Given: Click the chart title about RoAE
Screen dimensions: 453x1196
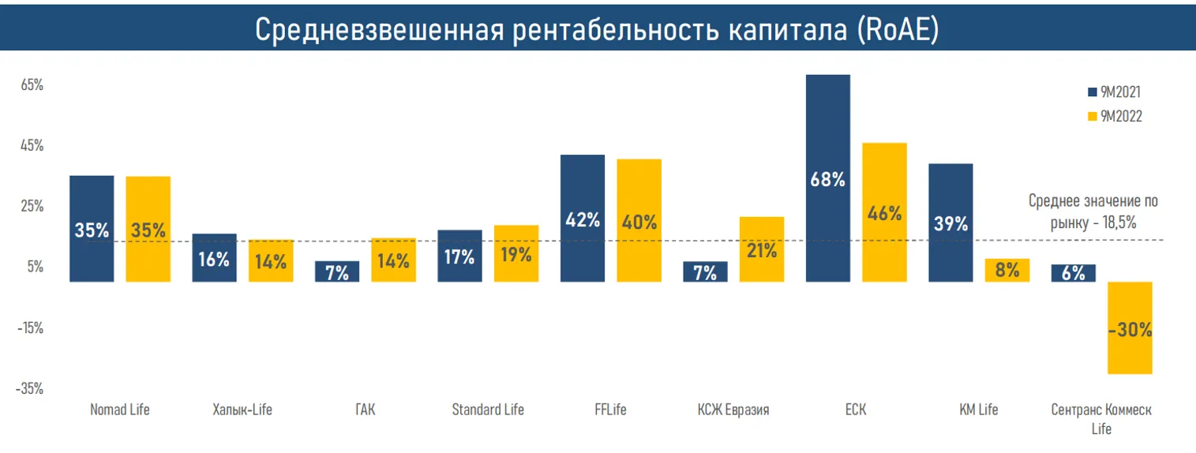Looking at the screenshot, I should [597, 29].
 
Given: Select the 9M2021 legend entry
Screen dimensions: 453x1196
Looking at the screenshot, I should [1114, 92].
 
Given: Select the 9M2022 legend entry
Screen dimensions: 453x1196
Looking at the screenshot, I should [1114, 116].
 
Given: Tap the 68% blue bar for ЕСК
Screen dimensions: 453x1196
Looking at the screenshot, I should [827, 178].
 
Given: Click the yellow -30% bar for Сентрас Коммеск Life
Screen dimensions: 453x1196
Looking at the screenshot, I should [1130, 328].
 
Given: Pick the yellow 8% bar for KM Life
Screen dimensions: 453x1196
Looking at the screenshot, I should [1007, 270].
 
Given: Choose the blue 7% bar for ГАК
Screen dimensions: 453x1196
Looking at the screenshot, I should [337, 271].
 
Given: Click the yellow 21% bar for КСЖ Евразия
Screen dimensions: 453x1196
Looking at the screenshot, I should [761, 249].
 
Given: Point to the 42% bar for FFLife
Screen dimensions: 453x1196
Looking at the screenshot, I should [582, 219].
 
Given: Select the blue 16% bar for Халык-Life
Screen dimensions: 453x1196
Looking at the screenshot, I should [214, 258].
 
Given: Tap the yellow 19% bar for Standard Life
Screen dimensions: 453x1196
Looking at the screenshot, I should [516, 253].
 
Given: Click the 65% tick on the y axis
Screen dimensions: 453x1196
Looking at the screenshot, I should [32, 85].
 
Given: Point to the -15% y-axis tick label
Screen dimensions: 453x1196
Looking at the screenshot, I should [31, 328].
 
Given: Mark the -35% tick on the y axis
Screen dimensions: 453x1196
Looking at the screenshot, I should [31, 389].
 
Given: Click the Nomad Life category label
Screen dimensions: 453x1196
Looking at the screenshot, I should [120, 410].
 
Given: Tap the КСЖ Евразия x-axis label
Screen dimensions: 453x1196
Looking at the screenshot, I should [733, 410].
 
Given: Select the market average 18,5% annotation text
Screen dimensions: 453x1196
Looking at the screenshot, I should [1093, 212].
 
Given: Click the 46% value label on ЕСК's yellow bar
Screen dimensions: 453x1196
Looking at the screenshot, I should [884, 213].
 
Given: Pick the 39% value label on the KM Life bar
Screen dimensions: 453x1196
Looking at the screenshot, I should [950, 223].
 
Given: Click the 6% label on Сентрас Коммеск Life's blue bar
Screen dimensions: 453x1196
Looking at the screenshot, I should [1073, 273].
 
